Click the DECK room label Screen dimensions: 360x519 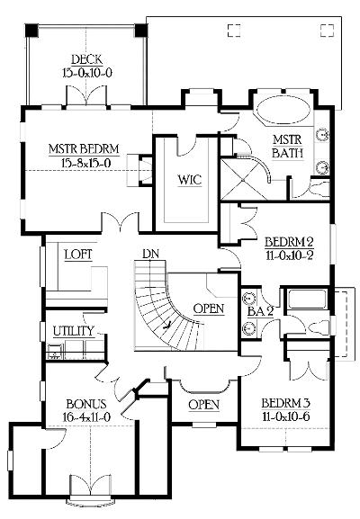tap(86, 59)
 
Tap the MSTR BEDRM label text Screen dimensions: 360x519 tap(84, 149)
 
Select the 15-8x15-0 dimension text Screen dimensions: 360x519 tap(86, 163)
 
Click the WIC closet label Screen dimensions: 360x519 tap(189, 180)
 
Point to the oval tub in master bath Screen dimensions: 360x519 tap(283, 110)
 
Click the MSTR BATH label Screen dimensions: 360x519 tap(287, 147)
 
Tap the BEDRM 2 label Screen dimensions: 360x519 tap(289, 242)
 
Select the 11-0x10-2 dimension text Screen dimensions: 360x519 tap(290, 255)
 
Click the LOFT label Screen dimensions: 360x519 tap(78, 255)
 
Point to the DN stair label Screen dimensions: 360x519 tap(150, 254)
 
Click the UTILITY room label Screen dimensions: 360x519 tap(74, 331)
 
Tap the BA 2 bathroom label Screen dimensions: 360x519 tap(261, 311)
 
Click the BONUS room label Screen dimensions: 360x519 tap(86, 404)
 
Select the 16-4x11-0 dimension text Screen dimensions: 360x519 tap(86, 417)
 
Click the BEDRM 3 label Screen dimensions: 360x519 tap(286, 403)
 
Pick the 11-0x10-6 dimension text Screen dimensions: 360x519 tap(286, 416)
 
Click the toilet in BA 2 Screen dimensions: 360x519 tap(318, 327)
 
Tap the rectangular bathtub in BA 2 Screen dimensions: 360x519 tap(307, 300)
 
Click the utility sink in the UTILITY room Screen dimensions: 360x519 tap(55, 352)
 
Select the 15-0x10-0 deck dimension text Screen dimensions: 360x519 tap(87, 73)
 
